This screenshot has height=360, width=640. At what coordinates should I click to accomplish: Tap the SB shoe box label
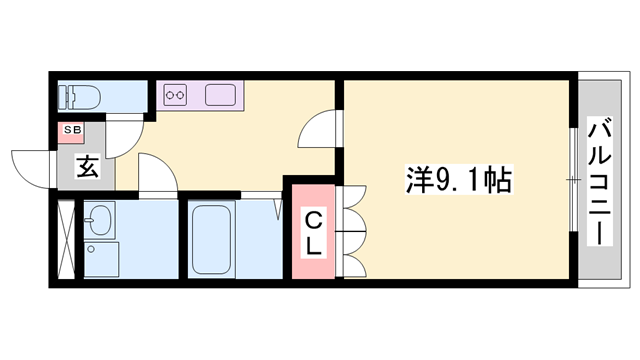73,130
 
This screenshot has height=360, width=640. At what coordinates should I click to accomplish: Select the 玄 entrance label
87,167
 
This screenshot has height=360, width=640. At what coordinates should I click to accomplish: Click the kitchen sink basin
219,97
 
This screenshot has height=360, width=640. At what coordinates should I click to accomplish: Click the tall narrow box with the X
66,239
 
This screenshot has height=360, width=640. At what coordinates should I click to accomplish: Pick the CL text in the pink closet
313,233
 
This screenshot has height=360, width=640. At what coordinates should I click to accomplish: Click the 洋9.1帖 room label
459,181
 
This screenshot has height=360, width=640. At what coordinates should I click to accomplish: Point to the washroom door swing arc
158,174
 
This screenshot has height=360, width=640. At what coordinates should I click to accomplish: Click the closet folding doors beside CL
351,232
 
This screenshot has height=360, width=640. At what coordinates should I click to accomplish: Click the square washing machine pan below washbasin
101,259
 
